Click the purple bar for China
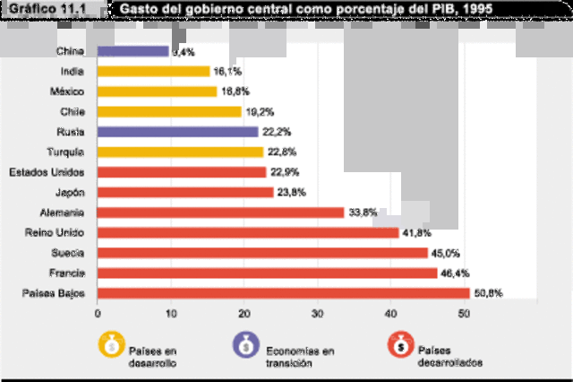[133, 52]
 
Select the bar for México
[157, 91]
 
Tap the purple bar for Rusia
[177, 132]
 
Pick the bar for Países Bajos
[283, 292]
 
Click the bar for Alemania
[220, 213]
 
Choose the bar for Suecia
[262, 253]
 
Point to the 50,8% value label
[488, 292]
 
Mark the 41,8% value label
[417, 232]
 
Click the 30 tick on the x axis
[318, 313]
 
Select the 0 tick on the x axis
[98, 313]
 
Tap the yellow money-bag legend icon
[113, 345]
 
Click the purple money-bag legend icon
[244, 345]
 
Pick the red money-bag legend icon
[399, 345]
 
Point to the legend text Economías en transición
[299, 356]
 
